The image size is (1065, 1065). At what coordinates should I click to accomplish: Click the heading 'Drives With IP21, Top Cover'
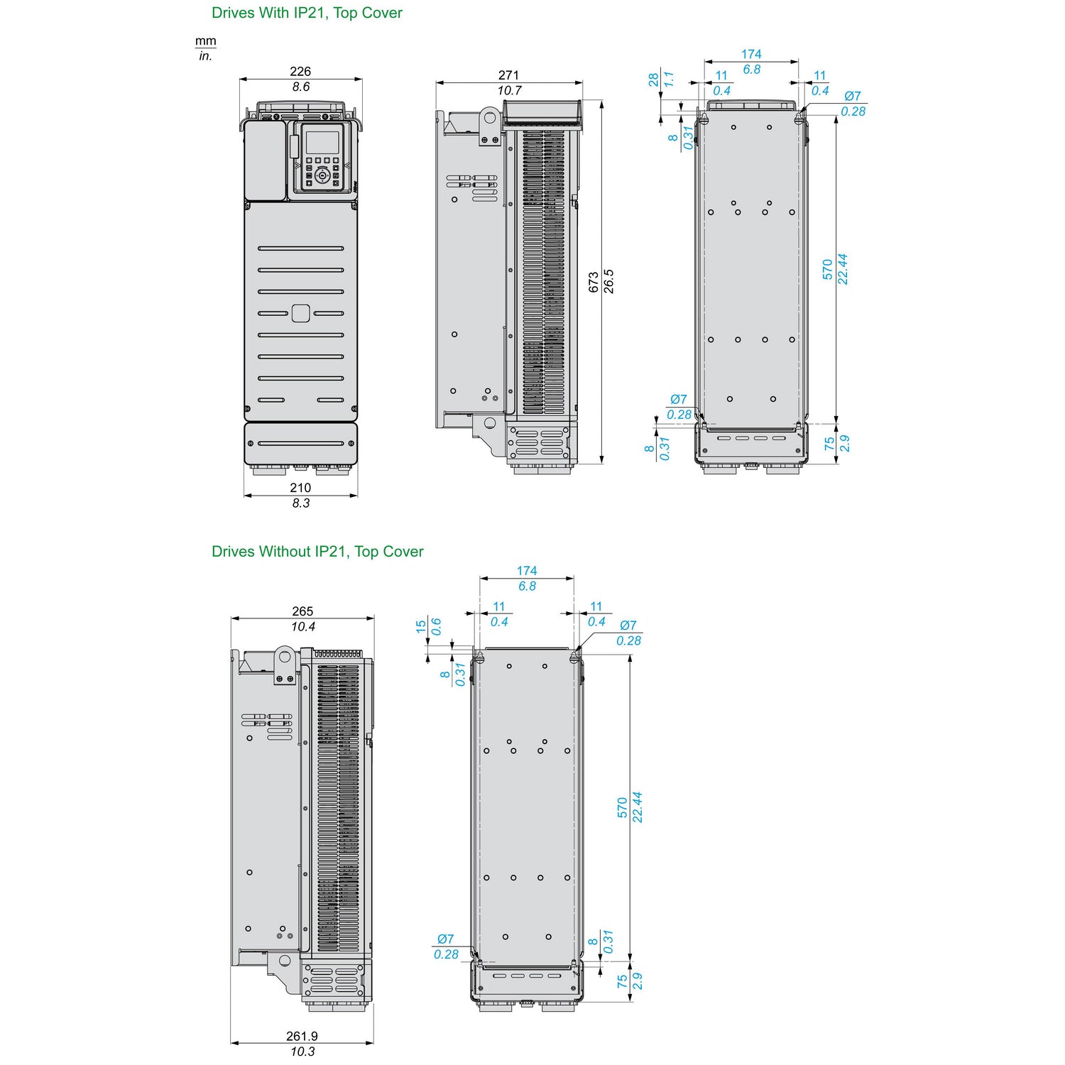point(307,13)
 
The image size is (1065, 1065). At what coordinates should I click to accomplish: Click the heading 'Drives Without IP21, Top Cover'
point(317,552)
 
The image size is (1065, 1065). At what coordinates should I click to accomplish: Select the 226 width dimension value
point(300,71)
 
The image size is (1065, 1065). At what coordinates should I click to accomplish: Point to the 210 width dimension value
point(300,488)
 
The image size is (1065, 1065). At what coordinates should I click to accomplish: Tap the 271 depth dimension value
point(508,75)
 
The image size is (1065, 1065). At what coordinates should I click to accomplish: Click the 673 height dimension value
point(594,282)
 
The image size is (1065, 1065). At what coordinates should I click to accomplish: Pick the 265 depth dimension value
point(302,611)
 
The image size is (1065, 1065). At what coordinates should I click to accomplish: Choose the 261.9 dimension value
point(302,1037)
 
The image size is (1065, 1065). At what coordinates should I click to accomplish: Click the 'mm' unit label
point(206,41)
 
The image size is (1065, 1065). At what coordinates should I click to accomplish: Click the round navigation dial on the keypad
point(322,175)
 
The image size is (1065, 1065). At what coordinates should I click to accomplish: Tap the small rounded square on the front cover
point(300,313)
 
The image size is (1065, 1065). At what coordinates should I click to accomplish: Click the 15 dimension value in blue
point(421,626)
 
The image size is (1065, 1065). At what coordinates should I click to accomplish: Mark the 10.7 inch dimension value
point(509,90)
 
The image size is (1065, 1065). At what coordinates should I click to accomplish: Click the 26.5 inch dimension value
point(608,282)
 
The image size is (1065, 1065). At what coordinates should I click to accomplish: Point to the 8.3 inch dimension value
point(300,503)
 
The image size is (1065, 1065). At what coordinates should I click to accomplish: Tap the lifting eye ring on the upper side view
point(489,116)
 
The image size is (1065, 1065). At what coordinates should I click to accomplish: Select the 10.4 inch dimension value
point(303,626)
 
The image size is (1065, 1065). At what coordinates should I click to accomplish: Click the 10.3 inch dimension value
point(303,1052)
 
